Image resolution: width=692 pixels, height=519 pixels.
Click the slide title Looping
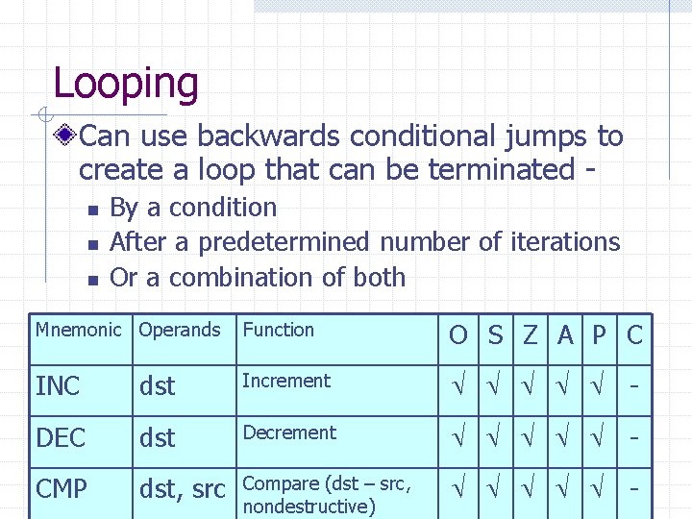[125, 84]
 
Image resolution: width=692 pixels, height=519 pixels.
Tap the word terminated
[500, 170]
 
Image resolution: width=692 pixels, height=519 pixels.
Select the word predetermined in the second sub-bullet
[285, 242]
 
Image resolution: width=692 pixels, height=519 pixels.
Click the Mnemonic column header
[79, 330]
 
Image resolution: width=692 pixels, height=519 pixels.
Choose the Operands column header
[180, 330]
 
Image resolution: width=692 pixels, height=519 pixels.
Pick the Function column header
[278, 330]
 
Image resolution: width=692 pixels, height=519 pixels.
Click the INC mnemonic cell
[58, 386]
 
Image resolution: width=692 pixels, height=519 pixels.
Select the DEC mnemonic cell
[61, 438]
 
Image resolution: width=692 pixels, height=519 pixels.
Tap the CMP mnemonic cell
[62, 489]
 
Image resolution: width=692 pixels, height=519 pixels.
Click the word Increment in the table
[286, 381]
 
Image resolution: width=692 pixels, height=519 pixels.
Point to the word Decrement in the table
[289, 432]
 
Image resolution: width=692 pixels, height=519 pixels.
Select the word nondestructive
[309, 506]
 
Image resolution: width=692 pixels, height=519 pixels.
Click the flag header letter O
[458, 335]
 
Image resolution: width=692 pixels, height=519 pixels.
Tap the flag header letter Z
[530, 335]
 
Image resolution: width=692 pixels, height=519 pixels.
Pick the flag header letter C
[634, 335]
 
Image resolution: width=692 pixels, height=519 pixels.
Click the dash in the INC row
[634, 387]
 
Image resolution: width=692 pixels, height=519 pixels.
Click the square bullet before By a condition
[90, 210]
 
